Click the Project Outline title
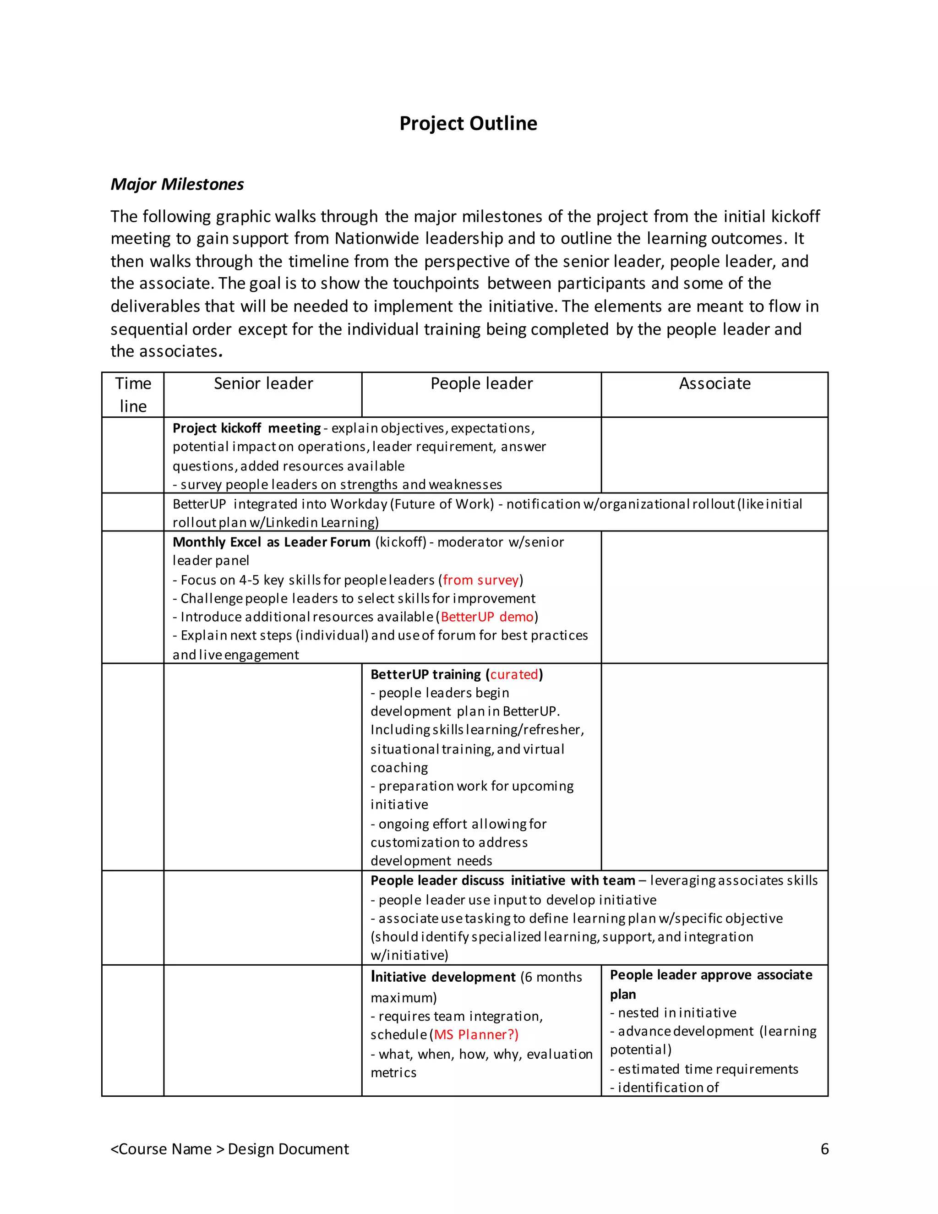click(468, 123)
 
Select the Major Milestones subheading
click(177, 184)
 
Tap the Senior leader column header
click(263, 383)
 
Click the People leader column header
click(481, 383)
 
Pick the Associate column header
click(714, 383)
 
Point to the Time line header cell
click(133, 394)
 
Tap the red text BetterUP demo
click(487, 617)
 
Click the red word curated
click(514, 674)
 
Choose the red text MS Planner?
click(476, 1034)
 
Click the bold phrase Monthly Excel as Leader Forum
click(271, 542)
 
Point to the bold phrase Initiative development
click(443, 977)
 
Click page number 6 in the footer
click(824, 1149)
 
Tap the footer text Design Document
click(288, 1149)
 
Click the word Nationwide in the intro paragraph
click(377, 239)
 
